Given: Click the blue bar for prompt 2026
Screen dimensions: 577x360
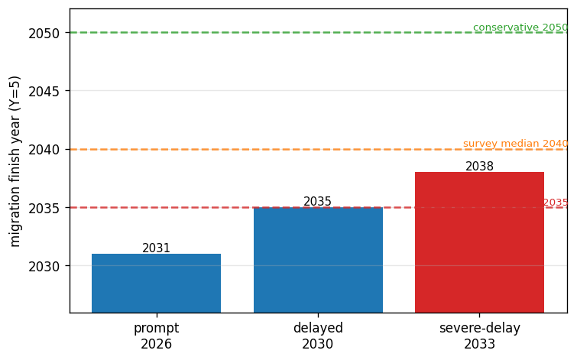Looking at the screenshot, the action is pos(157,283).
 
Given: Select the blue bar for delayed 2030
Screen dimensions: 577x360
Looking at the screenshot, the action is pos(319,260).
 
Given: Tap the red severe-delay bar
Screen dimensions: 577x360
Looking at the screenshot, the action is pos(479,242).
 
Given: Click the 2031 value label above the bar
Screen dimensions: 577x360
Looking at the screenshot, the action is pos(157,248).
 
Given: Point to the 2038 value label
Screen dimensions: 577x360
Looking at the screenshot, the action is pos(479,167).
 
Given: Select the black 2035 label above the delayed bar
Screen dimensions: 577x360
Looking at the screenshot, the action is pos(318,201).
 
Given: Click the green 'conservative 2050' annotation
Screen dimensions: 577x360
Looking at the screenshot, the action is pos(520,28).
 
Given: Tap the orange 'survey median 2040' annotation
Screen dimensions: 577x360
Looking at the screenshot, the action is pos(516,144).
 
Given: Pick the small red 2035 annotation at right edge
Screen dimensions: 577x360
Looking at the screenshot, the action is pos(556,202).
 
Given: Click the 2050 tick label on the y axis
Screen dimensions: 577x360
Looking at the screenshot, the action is pos(44,34).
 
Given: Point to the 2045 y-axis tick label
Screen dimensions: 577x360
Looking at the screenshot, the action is pos(44,92).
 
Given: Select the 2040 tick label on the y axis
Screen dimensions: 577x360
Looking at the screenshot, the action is pos(44,150).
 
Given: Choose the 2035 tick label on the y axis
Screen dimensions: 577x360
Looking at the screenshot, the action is pos(44,209).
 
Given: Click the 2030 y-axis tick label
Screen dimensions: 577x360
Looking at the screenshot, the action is pos(44,267).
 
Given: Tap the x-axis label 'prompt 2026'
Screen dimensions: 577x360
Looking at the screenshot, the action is pos(157,336).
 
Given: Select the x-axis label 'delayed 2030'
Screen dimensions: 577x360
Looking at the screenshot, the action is pos(318,336).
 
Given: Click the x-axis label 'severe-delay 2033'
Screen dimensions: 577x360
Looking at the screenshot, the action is pos(479,336).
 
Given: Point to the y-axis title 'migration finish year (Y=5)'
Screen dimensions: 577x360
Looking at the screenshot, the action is pos(15,161).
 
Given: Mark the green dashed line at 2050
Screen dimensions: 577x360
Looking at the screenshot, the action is pos(319,32).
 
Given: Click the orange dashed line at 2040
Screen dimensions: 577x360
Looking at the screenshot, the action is pos(319,149).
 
